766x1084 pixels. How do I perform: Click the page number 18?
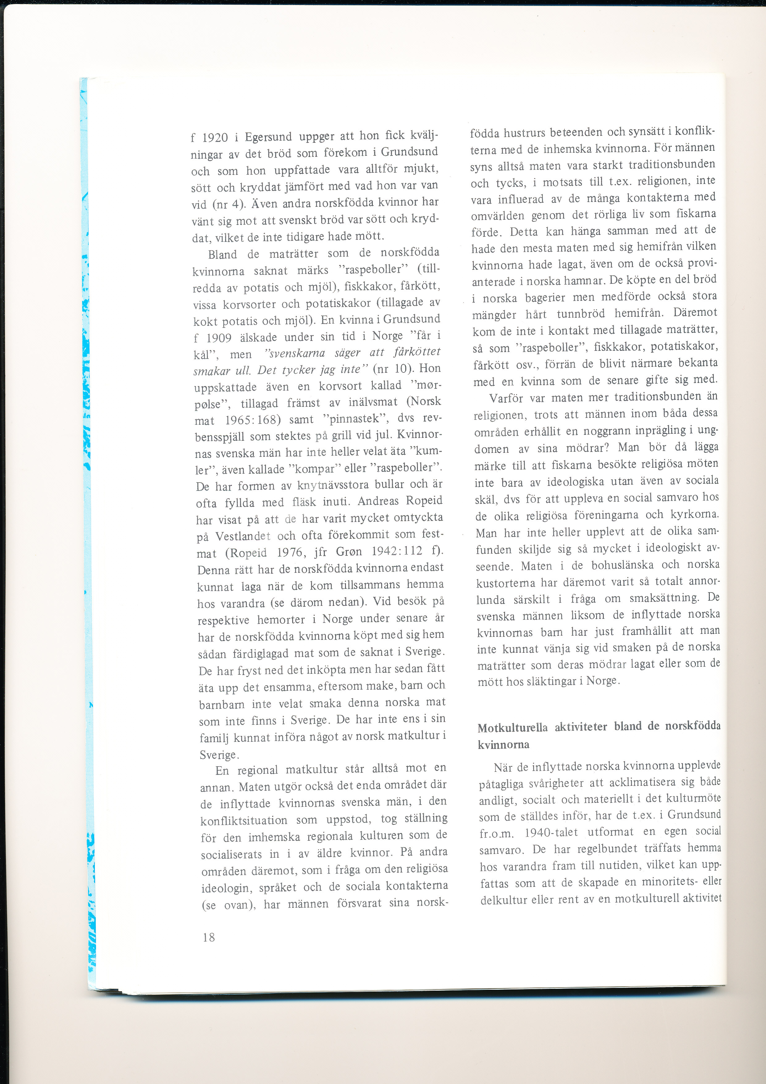pos(208,937)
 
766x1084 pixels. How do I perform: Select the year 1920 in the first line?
pos(215,138)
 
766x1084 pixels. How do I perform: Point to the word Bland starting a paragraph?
pos(223,255)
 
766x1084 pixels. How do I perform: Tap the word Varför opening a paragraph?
pos(506,398)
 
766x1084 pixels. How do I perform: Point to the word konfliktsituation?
pos(244,821)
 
